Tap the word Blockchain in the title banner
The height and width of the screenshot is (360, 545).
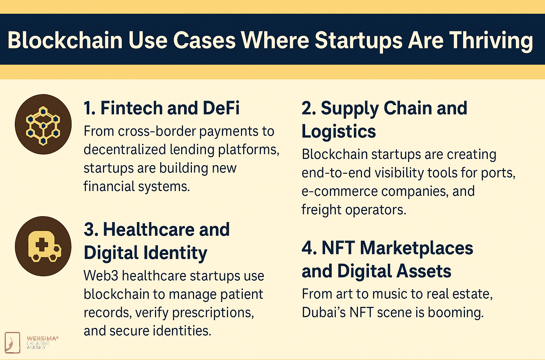pyautogui.click(x=65, y=40)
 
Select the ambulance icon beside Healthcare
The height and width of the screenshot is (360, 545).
pyautogui.click(x=45, y=247)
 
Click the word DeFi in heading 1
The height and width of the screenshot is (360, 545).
pyautogui.click(x=221, y=108)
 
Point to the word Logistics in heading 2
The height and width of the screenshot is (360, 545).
pyautogui.click(x=339, y=131)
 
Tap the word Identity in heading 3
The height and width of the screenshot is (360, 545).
pyautogui.click(x=175, y=253)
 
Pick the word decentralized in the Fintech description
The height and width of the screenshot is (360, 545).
pyautogui.click(x=125, y=149)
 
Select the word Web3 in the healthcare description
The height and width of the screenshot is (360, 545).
pyautogui.click(x=101, y=276)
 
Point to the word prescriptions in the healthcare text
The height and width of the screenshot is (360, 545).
pyautogui.click(x=213, y=313)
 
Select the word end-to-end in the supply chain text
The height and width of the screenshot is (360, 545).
pyautogui.click(x=336, y=173)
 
